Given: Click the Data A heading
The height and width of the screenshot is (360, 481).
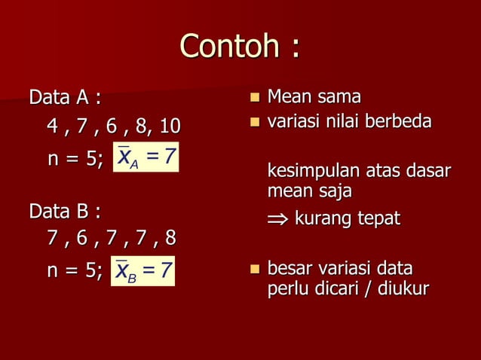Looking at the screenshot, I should click(65, 98).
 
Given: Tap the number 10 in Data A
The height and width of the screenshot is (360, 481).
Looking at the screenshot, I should click(170, 125).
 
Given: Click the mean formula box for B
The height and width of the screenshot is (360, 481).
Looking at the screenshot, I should click(143, 270).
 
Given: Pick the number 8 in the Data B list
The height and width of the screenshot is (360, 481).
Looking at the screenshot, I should click(170, 239).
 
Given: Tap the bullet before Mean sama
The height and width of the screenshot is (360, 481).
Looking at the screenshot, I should click(254, 98).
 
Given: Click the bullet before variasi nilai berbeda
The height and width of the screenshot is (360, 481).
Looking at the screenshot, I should click(254, 121).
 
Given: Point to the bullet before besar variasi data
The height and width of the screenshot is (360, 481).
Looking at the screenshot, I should click(254, 269).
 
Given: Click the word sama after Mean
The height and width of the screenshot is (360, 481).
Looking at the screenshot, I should click(338, 98).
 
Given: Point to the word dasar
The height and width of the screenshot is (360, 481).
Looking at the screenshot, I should click(429, 172).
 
